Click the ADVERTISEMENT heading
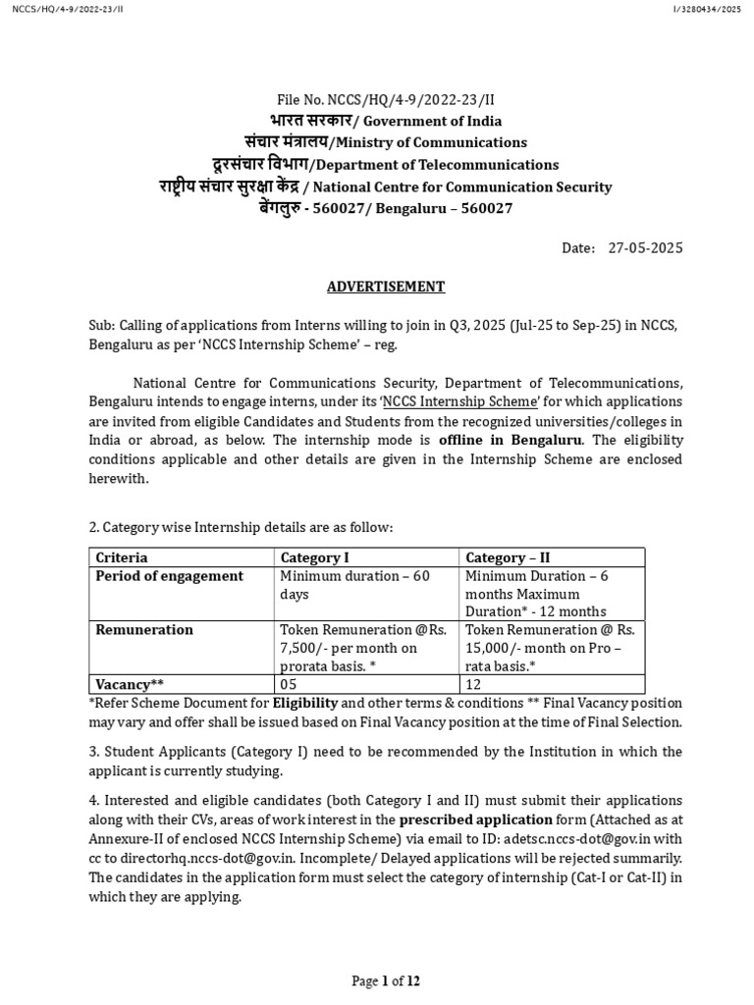[386, 287]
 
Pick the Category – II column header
[508, 557]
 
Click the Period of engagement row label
[169, 576]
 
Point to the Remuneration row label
[144, 630]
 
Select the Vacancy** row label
[129, 683]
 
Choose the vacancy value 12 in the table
[474, 683]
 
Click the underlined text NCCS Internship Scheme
[458, 401]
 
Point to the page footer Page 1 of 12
[386, 980]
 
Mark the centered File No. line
[386, 99]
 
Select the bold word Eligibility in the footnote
[305, 703]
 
